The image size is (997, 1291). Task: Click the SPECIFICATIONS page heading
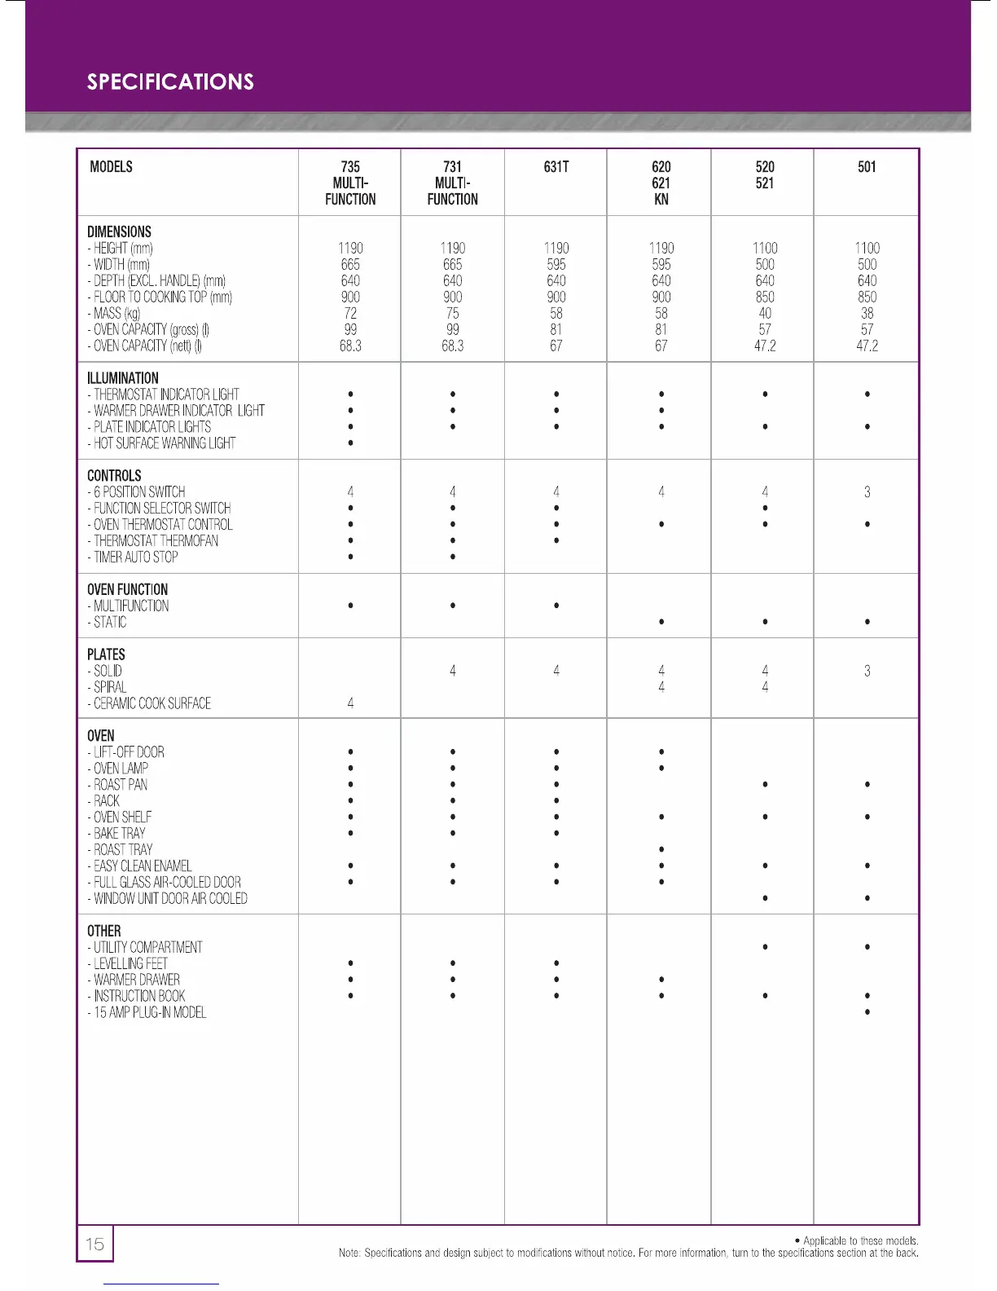(x=170, y=82)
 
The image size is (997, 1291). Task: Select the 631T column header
(x=556, y=167)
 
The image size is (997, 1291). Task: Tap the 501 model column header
(x=867, y=167)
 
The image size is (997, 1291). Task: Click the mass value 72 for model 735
(x=350, y=313)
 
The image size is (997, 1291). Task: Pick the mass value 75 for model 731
(x=453, y=313)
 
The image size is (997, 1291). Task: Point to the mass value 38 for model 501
(x=867, y=313)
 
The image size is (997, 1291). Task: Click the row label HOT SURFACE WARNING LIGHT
(x=164, y=443)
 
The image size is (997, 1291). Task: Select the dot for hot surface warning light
(x=350, y=443)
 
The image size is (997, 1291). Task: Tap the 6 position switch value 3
(x=867, y=492)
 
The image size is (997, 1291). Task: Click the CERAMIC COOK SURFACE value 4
(x=350, y=703)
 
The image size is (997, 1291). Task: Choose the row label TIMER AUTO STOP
(x=135, y=557)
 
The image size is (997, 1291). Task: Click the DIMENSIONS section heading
(x=119, y=231)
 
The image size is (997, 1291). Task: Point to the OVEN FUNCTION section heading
(x=127, y=589)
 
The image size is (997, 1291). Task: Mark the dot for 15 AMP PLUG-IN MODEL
(x=867, y=1012)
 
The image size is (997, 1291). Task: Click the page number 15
(x=95, y=1244)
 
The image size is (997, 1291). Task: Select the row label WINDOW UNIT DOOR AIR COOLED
(x=170, y=898)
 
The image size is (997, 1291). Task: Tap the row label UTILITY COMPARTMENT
(x=147, y=947)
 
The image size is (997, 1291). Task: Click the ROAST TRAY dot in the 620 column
(x=661, y=849)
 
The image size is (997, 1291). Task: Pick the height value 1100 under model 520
(x=765, y=248)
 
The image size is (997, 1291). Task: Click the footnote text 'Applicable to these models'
(x=860, y=1240)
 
